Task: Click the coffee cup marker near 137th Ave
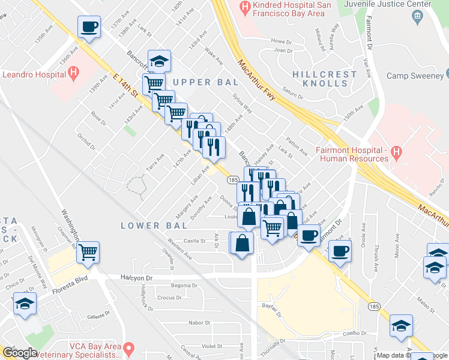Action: (89, 27)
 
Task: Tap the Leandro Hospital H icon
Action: (73, 74)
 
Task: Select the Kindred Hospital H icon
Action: (245, 8)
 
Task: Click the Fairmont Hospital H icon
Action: (396, 152)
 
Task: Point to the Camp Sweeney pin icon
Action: (447, 75)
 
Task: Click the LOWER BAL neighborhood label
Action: (149, 226)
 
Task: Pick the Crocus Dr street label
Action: (169, 298)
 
